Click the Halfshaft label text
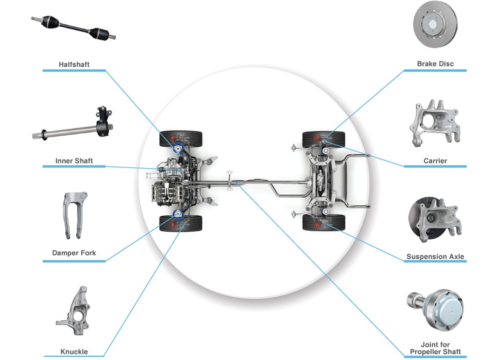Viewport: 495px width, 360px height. coord(74,64)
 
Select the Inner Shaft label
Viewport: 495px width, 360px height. coord(74,161)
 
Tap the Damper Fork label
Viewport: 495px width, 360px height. coord(74,253)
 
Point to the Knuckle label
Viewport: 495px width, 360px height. coord(74,352)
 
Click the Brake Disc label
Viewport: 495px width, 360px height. coord(435,64)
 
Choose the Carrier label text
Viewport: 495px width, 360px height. coord(435,161)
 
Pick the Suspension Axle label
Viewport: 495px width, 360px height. coord(435,257)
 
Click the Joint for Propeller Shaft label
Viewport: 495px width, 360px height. coord(435,348)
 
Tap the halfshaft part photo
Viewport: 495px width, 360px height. coord(73,28)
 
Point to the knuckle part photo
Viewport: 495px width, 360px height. coord(73,311)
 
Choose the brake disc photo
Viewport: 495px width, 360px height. coord(435,24)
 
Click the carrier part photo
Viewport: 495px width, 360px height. coord(435,123)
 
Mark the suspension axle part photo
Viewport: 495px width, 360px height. coord(435,220)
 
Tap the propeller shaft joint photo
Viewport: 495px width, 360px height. coord(435,310)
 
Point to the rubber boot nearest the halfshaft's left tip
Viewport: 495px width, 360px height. coord(50,22)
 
